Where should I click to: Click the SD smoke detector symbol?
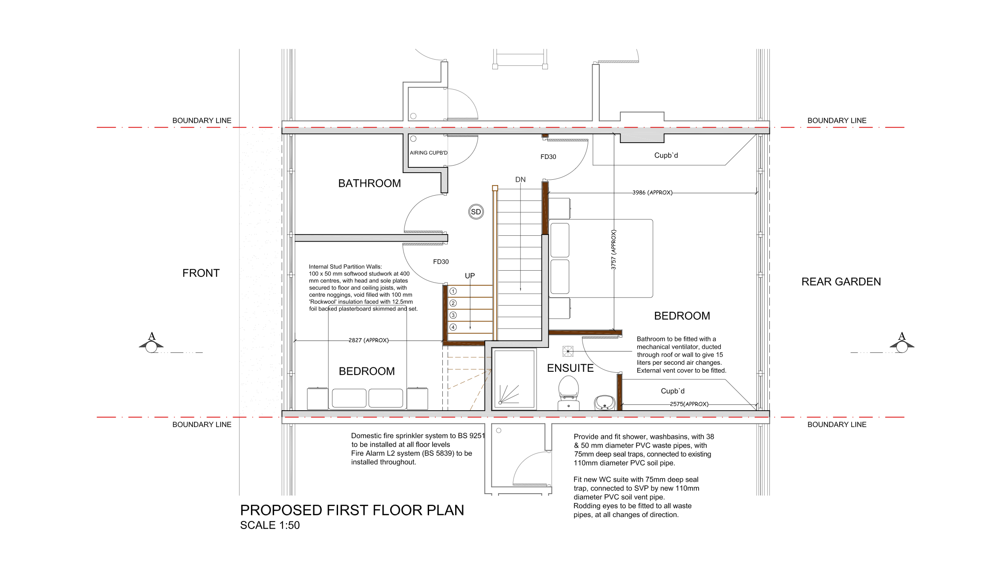coord(476,212)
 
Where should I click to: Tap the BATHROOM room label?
coord(369,183)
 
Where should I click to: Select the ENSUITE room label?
coord(570,368)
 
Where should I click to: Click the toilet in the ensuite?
coord(569,393)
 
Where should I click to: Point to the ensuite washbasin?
coord(605,403)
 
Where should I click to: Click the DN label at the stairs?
coord(521,180)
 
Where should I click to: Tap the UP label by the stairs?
coord(470,276)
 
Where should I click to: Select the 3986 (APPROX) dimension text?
coord(652,193)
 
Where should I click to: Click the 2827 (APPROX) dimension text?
coord(369,340)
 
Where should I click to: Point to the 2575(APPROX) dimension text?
coord(689,404)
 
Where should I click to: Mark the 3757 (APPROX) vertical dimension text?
coord(613,249)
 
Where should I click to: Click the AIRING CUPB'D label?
coord(429,153)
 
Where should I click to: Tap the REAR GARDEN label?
coord(841,282)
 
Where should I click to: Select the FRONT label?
coord(201,273)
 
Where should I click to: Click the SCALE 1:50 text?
coord(270,525)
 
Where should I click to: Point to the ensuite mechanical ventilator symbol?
coord(568,351)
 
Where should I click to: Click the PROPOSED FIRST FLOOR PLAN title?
coord(352,510)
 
